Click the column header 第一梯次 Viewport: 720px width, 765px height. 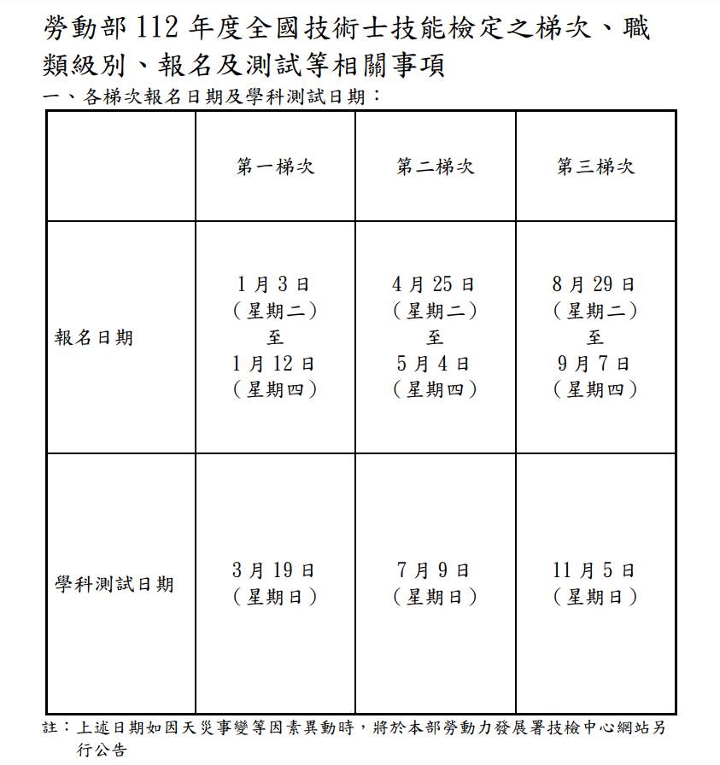(275, 166)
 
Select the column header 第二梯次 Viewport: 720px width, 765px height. (435, 166)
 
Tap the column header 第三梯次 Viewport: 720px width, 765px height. (595, 166)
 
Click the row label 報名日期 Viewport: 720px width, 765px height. (94, 337)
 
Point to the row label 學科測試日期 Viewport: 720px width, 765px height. (114, 585)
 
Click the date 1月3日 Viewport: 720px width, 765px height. (273, 284)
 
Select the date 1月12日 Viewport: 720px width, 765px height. (273, 364)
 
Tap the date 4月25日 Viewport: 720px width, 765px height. (434, 284)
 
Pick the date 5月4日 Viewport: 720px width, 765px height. (434, 364)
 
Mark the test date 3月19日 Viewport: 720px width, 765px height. (273, 570)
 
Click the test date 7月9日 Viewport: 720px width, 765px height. (434, 570)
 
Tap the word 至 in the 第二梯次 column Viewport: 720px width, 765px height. (435, 337)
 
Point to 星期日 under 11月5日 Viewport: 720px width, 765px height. (595, 597)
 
